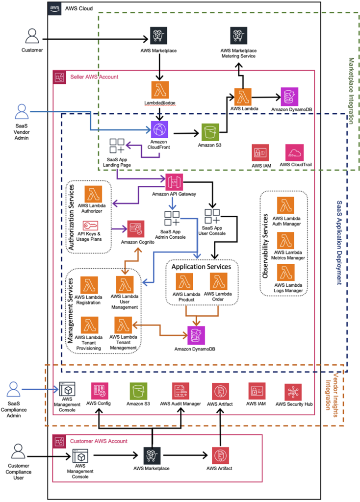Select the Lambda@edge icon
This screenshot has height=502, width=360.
pyautogui.click(x=159, y=92)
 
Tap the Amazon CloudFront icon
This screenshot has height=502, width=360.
pyautogui.click(x=159, y=130)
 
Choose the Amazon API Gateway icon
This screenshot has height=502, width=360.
pyautogui.click(x=174, y=181)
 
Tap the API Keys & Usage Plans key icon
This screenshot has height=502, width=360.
pyautogui.click(x=90, y=226)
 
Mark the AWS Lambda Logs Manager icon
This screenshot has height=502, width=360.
pyautogui.click(x=285, y=273)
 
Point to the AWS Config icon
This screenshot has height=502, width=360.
pyautogui.click(x=99, y=392)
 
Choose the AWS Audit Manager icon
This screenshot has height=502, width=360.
pyautogui.click(x=180, y=392)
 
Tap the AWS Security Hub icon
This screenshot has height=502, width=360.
pyautogui.click(x=293, y=392)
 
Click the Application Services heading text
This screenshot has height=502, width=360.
pyautogui.click(x=202, y=267)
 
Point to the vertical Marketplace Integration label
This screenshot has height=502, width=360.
pyautogui.click(x=351, y=91)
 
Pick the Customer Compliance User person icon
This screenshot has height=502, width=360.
pyautogui.click(x=19, y=451)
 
